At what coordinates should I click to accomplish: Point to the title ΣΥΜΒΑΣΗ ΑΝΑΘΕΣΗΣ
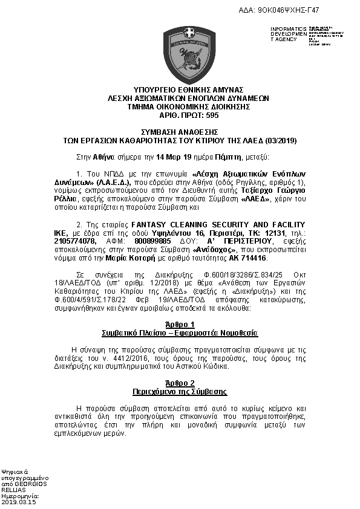click(x=180, y=132)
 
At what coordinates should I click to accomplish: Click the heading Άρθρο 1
click(x=179, y=324)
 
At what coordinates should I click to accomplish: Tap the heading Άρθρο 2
click(x=179, y=382)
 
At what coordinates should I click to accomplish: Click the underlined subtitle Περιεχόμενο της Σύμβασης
click(x=180, y=391)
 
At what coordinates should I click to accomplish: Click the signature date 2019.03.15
click(x=19, y=501)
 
